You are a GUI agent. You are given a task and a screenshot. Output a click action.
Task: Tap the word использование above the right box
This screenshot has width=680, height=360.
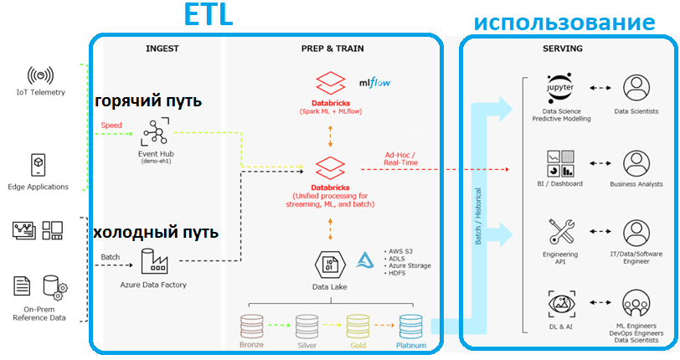(x=564, y=22)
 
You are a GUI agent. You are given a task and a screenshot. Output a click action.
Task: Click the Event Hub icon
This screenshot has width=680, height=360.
(x=156, y=132)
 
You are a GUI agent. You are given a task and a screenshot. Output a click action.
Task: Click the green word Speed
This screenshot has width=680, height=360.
(x=111, y=126)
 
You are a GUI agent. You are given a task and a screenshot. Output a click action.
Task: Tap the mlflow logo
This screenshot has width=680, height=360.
(x=374, y=83)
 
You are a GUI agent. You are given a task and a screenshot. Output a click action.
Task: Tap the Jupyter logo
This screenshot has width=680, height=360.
(x=561, y=88)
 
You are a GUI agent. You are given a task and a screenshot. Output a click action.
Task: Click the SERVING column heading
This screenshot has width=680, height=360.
(x=563, y=49)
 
